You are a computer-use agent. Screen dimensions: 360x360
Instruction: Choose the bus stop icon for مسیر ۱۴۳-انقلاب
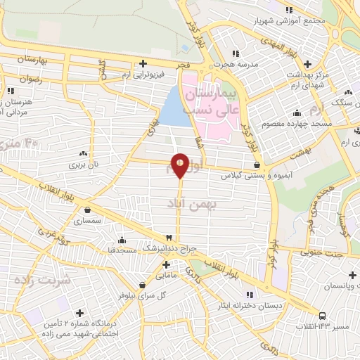tap(322, 315)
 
